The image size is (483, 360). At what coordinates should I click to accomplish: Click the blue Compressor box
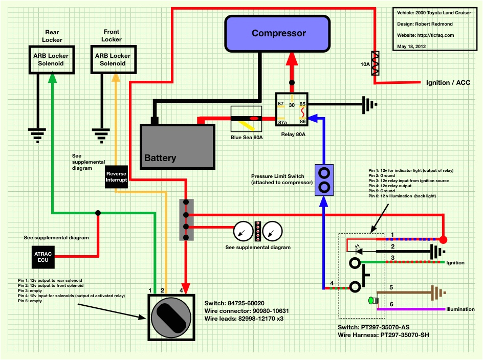pos(279,33)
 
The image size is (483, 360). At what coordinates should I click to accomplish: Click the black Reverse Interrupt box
pos(116,176)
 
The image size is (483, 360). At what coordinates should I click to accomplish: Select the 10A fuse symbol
pos(376,64)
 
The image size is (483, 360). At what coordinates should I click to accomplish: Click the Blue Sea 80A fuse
pos(247,119)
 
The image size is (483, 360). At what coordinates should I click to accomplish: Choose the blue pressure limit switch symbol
pos(324,180)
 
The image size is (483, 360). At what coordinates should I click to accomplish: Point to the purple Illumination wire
pos(409,309)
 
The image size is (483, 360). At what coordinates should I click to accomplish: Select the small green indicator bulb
pos(371,300)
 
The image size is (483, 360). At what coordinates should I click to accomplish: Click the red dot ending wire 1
pos(443,239)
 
